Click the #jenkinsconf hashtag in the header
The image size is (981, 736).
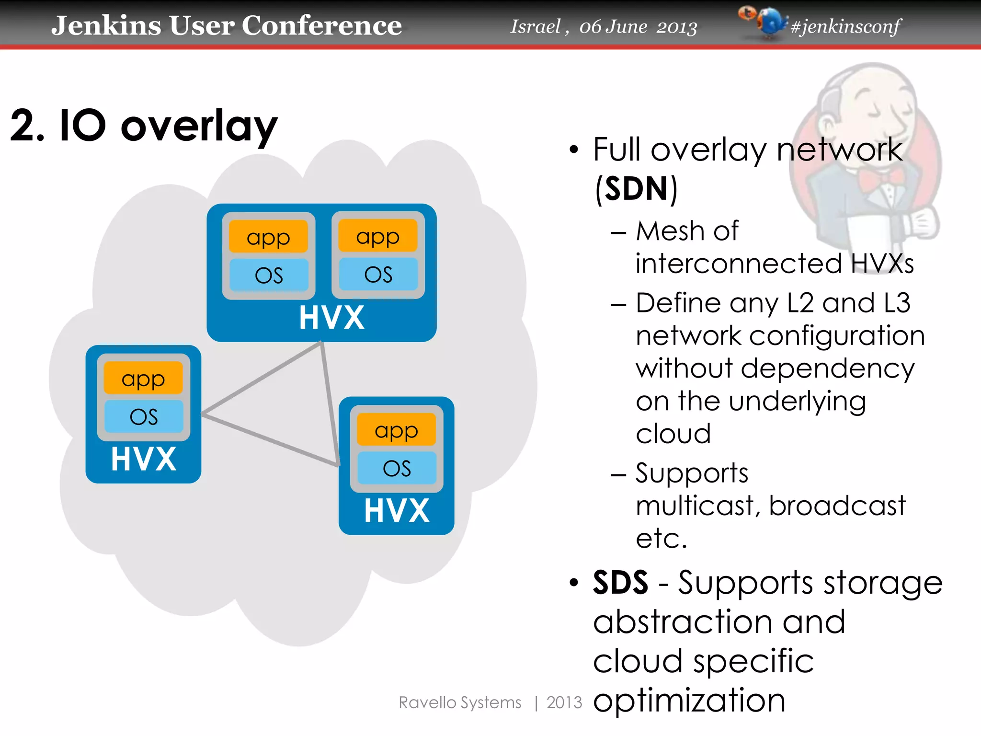pyautogui.click(x=845, y=26)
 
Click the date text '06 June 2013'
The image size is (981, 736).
pyautogui.click(x=638, y=27)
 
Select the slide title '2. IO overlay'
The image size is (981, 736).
pyautogui.click(x=144, y=126)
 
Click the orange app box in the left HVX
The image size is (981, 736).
pyautogui.click(x=143, y=379)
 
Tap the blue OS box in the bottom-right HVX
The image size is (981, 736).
pyautogui.click(x=397, y=468)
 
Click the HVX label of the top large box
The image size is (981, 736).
pyautogui.click(x=331, y=318)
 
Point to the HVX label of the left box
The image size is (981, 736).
pyautogui.click(x=143, y=459)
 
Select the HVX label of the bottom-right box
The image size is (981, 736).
pyautogui.click(x=397, y=511)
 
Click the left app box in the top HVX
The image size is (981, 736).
pyautogui.click(x=268, y=237)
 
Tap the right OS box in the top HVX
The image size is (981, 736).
pyautogui.click(x=378, y=275)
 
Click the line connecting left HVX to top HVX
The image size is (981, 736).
pyautogui.click(x=261, y=379)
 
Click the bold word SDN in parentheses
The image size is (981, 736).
pyautogui.click(x=636, y=189)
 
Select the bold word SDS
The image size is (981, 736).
pyautogui.click(x=620, y=583)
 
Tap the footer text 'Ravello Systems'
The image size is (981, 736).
pyautogui.click(x=460, y=702)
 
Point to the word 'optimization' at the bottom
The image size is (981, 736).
pyautogui.click(x=689, y=701)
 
